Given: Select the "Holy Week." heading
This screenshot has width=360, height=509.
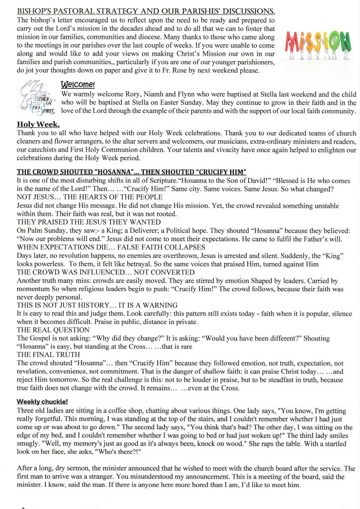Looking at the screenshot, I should click(38, 124).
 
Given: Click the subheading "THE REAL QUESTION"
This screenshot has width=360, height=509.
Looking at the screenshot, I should click(53, 330).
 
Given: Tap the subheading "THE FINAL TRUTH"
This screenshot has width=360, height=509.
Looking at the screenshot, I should click(48, 354).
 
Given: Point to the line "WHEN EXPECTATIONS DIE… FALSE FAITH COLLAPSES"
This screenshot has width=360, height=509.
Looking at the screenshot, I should click(111, 247).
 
